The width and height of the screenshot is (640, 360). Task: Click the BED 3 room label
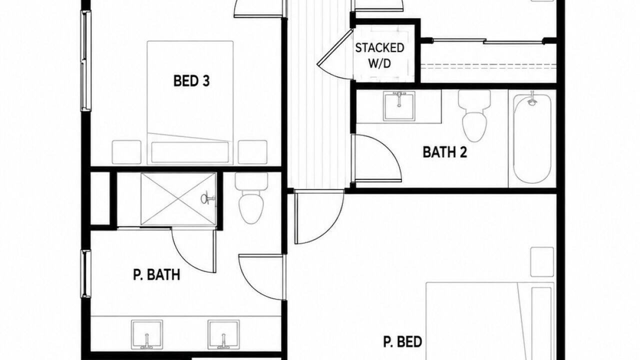tap(191, 81)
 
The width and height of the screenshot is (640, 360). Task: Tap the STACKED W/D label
tap(379, 55)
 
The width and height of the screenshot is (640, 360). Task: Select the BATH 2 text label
tap(445, 152)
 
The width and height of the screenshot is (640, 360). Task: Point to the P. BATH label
tap(156, 274)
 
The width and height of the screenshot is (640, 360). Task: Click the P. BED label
tap(402, 341)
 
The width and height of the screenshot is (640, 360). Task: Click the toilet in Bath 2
tap(474, 116)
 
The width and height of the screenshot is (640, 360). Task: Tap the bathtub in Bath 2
tap(531, 139)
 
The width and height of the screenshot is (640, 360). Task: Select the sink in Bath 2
tap(399, 106)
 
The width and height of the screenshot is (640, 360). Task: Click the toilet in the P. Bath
tap(251, 197)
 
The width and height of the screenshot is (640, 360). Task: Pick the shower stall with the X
tap(178, 199)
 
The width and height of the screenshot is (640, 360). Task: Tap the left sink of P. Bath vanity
tap(147, 334)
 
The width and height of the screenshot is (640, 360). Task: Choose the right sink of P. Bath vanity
tap(223, 334)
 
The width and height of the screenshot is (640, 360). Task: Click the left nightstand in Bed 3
tap(126, 152)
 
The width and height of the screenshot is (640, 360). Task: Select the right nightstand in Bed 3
tap(252, 152)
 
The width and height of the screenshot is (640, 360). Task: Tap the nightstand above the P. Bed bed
tap(542, 261)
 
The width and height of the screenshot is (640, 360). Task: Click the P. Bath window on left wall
tap(86, 273)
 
